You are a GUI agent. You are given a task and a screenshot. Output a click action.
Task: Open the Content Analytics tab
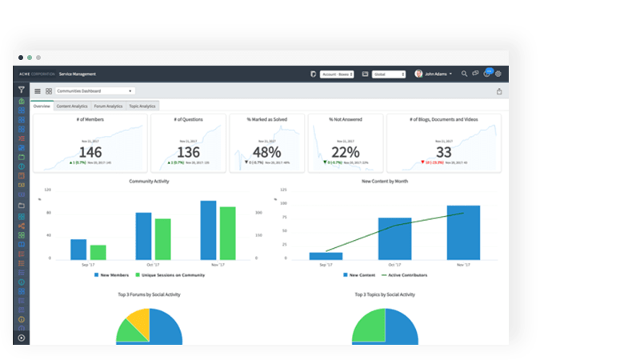tap(73, 106)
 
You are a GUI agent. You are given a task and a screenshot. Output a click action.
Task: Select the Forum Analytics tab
tap(108, 106)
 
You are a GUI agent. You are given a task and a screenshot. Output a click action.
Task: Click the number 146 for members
tap(90, 152)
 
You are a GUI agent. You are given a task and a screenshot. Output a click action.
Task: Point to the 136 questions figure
tap(188, 152)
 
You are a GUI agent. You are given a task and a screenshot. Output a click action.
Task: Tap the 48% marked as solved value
tap(266, 152)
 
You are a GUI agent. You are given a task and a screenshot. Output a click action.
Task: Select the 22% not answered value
tap(345, 152)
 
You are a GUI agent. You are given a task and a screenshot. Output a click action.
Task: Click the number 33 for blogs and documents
tap(444, 152)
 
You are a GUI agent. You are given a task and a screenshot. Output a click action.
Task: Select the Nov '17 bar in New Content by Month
tap(463, 232)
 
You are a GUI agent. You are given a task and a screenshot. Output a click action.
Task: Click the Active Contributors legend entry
tap(405, 274)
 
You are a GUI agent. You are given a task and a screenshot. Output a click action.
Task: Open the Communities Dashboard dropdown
tap(94, 91)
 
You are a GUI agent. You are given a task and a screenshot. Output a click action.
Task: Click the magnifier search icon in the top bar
tap(465, 74)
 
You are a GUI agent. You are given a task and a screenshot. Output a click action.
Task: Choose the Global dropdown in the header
tap(389, 74)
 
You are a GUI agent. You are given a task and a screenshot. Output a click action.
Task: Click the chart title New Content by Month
tap(384, 181)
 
